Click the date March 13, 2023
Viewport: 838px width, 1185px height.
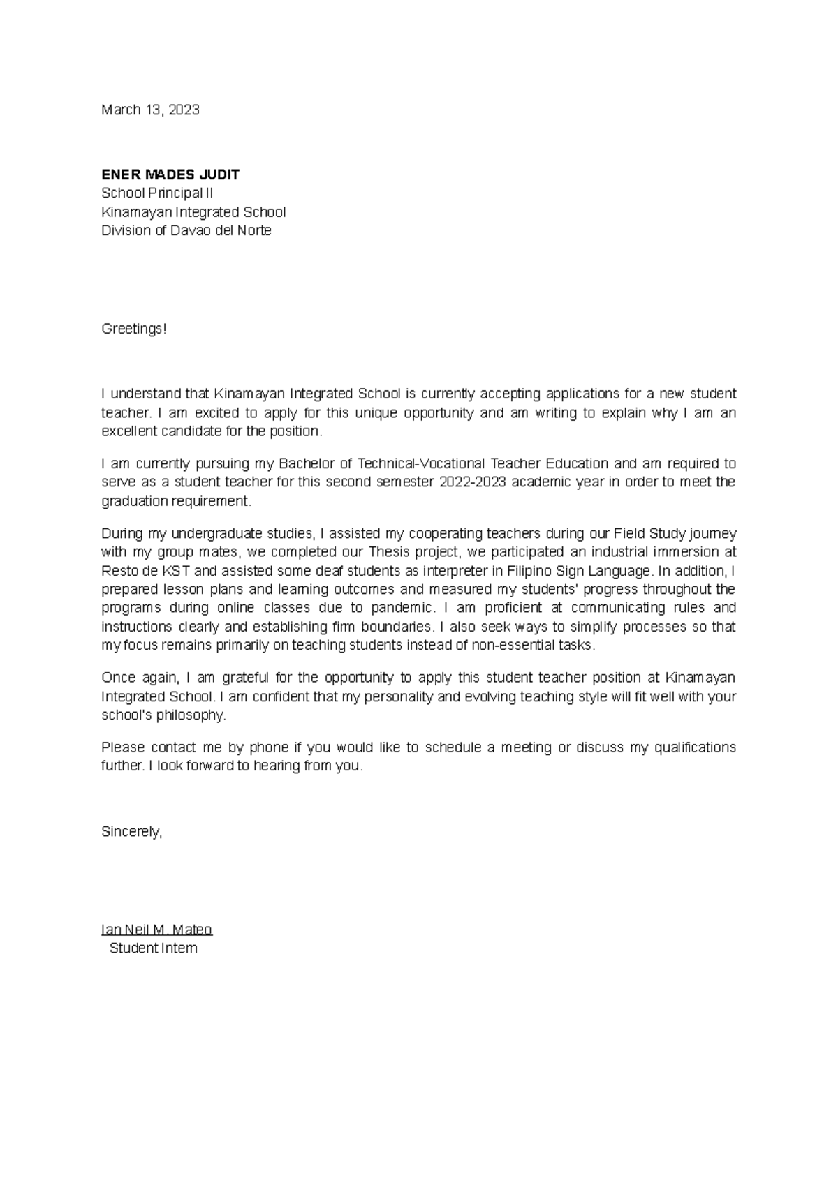tap(150, 110)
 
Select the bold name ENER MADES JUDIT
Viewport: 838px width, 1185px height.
tap(170, 174)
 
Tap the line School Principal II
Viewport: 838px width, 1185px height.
tap(157, 193)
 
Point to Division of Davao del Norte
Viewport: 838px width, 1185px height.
tap(186, 230)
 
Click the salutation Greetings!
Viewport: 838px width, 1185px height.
tap(134, 328)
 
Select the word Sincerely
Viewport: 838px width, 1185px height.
tap(131, 831)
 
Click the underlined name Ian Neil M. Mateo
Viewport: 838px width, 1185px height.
tap(156, 930)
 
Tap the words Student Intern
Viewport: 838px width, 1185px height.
tap(153, 948)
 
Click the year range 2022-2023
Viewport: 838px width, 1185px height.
tap(472, 482)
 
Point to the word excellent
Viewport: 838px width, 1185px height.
tap(129, 431)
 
